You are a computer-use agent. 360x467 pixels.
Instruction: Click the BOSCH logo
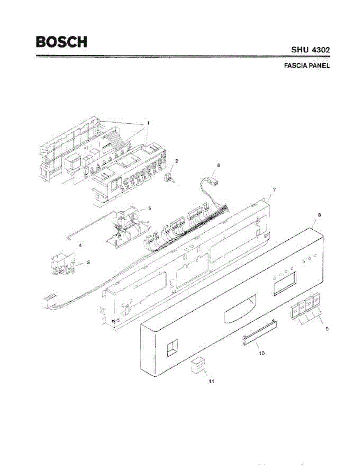61,42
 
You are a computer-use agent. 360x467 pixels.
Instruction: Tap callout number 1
148,123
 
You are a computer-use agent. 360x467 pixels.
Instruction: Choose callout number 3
88,263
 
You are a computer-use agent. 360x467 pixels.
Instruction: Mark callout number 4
80,245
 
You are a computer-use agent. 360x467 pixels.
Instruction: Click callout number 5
150,209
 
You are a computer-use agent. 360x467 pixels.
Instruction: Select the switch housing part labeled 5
126,226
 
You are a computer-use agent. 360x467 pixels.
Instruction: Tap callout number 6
218,165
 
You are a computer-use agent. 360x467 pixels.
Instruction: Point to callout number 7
274,189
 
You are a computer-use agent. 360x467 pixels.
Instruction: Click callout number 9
327,329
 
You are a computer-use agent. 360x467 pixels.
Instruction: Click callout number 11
211,381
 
